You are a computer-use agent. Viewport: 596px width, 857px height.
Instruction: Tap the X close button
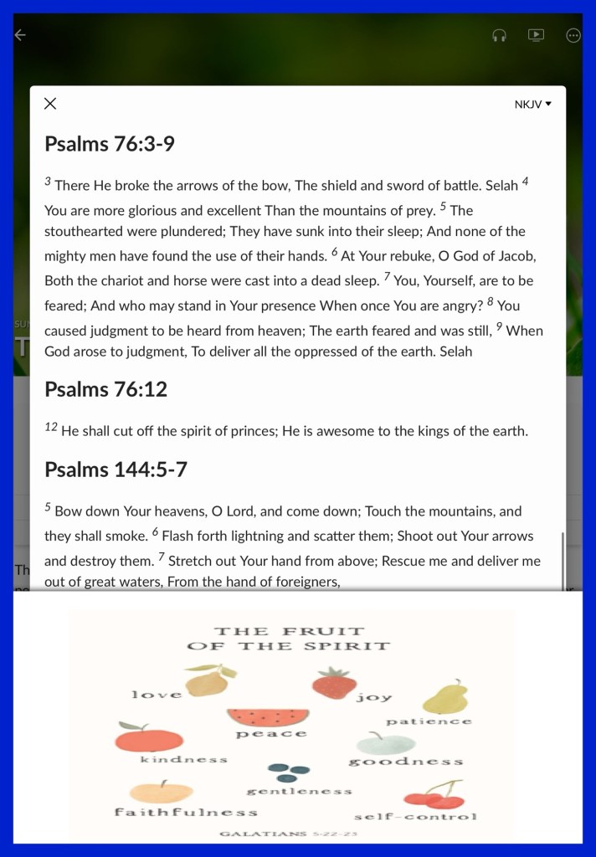point(50,104)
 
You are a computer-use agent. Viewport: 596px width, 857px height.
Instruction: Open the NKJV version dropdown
point(533,105)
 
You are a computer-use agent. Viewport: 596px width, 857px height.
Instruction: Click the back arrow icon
point(20,35)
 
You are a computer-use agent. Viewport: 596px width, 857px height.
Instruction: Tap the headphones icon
point(499,35)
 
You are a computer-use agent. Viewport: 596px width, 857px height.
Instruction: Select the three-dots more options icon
point(573,35)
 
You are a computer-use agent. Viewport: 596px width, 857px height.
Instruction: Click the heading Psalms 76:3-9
point(110,144)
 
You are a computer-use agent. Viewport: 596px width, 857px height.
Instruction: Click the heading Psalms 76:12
point(105,389)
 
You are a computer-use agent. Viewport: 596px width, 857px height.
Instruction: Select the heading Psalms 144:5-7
point(116,470)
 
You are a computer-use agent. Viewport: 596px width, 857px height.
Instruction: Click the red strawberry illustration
point(334,683)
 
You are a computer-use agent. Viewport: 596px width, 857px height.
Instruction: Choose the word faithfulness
point(186,812)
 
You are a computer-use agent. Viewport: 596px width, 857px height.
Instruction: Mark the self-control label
point(415,816)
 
